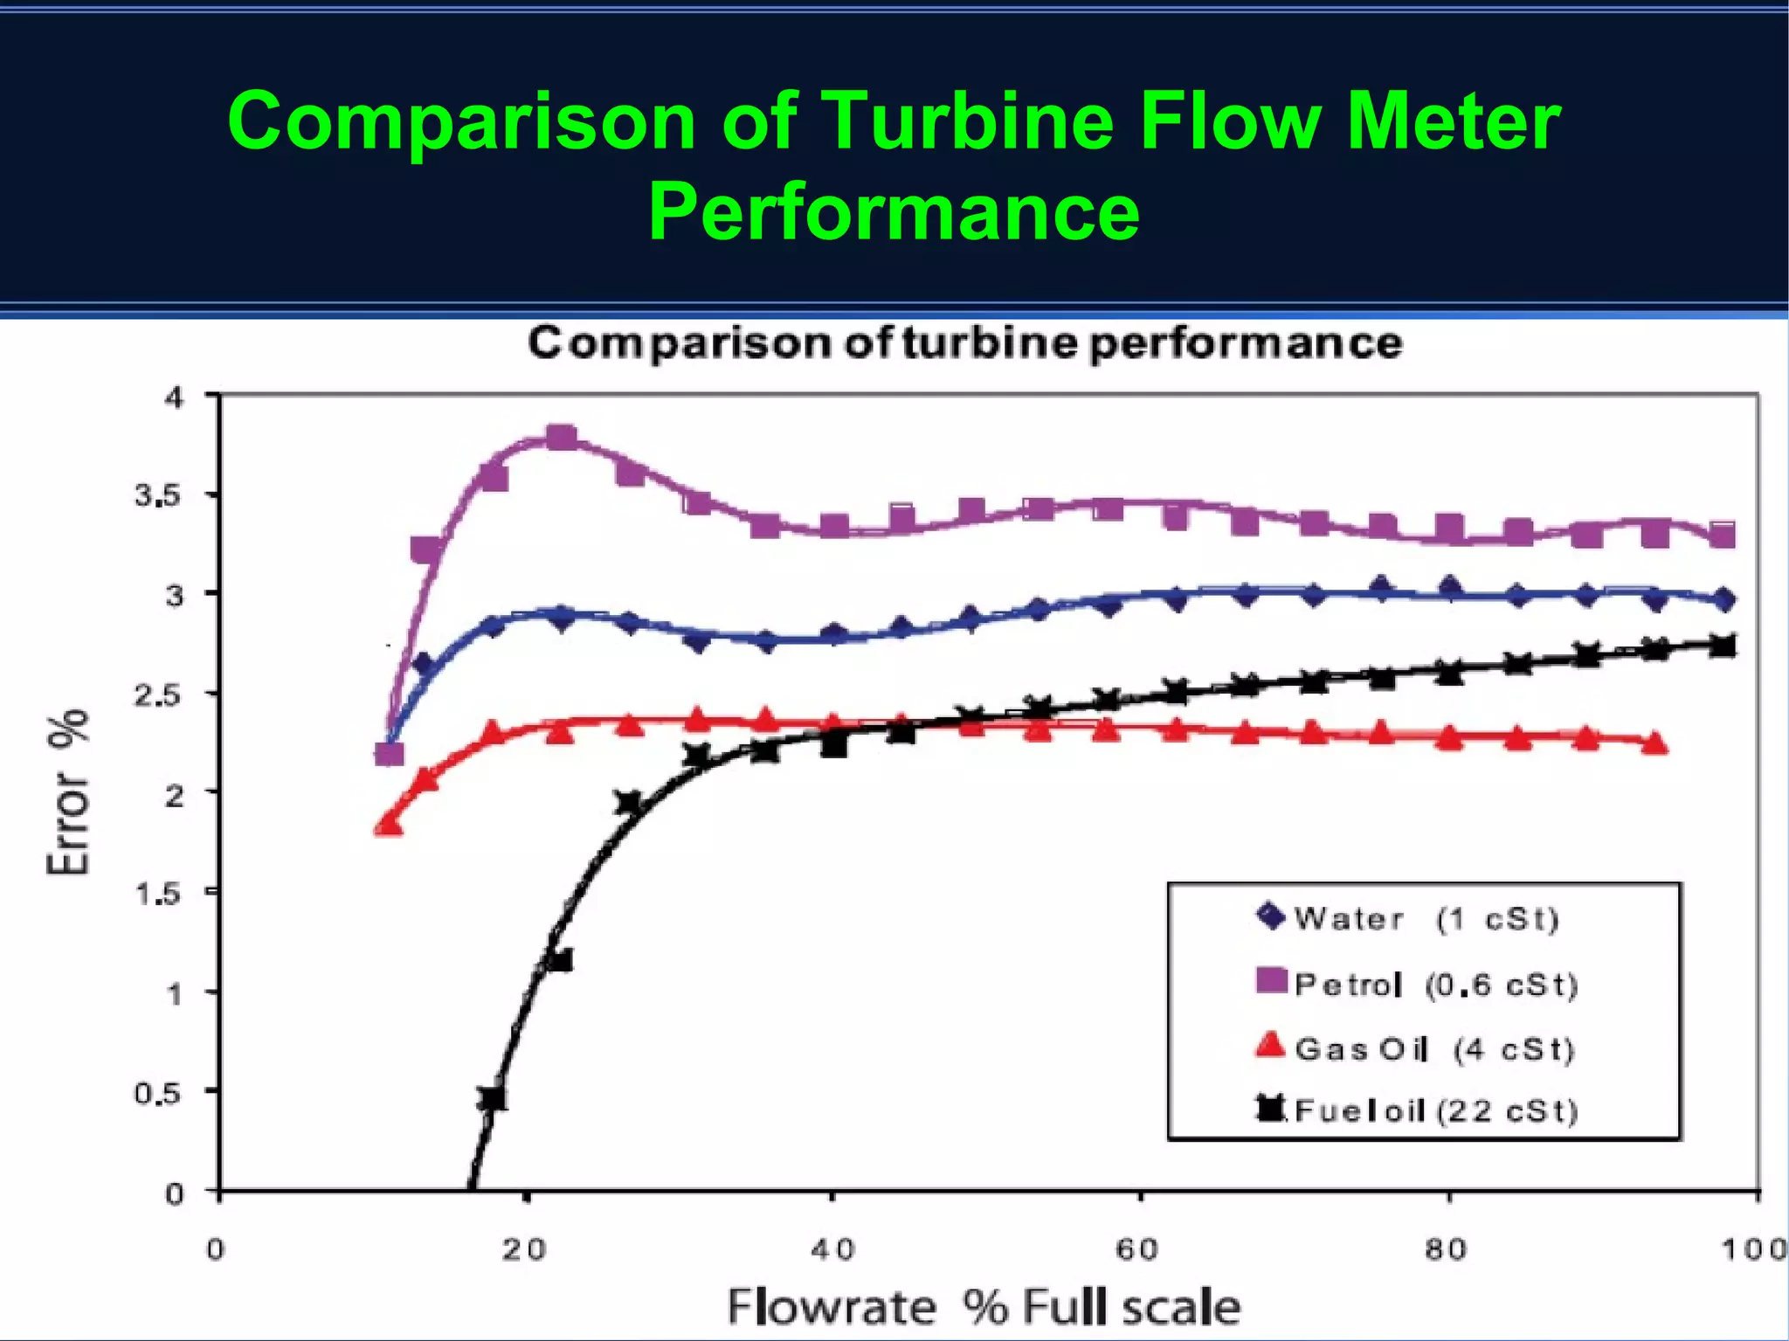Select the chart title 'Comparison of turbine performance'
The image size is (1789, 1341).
pos(964,342)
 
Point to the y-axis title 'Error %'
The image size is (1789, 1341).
pos(68,791)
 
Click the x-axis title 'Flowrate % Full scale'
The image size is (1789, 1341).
pos(984,1308)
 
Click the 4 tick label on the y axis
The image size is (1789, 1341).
pos(175,397)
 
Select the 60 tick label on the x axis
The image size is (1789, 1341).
pos(1137,1250)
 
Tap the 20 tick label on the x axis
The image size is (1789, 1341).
pos(524,1250)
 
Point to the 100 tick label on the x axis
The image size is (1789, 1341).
pos(1753,1250)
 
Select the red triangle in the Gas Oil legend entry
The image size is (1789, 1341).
pos(1269,1045)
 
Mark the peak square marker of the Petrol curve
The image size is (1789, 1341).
pos(561,437)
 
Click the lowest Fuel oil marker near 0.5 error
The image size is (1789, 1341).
pos(493,1098)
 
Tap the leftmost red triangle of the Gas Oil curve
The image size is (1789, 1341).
pos(389,825)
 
